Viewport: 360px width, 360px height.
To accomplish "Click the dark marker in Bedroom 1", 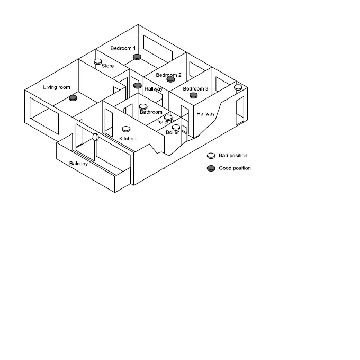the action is click(137, 57).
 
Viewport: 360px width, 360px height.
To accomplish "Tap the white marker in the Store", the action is click(98, 62).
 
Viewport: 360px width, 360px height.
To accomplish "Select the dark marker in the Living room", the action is click(73, 98).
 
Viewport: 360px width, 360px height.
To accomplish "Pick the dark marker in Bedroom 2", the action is click(170, 79).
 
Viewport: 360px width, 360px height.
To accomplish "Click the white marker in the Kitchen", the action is click(126, 129).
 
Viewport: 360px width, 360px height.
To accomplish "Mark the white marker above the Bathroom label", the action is click(143, 106).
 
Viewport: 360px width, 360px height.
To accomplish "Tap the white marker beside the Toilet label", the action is click(168, 118).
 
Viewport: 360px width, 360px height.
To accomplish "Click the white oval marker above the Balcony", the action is click(95, 137).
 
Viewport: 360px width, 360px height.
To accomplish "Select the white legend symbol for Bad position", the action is click(211, 156).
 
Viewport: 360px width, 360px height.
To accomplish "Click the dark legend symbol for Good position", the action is click(211, 168).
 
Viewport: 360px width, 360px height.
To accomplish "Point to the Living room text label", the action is click(57, 87).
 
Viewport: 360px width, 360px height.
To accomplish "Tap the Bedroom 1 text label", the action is click(123, 48).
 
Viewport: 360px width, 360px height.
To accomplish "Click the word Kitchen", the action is click(128, 139).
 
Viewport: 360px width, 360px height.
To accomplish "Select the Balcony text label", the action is click(79, 164).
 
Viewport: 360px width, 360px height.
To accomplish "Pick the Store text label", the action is click(107, 66).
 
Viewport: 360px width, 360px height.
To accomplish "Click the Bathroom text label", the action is click(151, 112).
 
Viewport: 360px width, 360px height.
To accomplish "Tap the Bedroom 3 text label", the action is click(195, 89).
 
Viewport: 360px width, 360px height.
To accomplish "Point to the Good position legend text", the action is click(235, 168).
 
